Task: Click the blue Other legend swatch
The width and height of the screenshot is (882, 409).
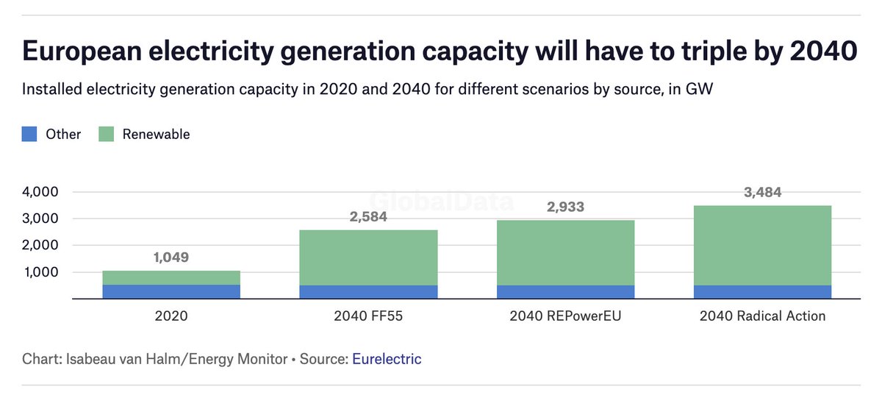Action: pos(29,134)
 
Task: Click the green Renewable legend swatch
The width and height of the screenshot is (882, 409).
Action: pos(106,134)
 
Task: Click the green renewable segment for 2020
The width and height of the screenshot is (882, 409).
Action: pos(171,277)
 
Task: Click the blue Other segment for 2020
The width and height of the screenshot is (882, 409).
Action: pos(171,291)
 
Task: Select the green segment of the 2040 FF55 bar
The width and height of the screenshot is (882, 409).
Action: pos(368,257)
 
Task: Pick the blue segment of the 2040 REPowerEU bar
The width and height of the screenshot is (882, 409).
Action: pos(566,292)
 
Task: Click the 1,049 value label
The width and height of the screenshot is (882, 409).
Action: pos(171,257)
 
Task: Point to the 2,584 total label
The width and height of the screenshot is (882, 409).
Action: pos(368,217)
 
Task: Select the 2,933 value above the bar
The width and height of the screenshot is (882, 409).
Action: pos(566,207)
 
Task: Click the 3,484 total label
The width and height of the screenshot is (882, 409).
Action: pos(762,193)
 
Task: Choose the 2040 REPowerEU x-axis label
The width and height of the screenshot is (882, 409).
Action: pos(566,316)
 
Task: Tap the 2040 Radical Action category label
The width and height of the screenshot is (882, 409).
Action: pos(762,316)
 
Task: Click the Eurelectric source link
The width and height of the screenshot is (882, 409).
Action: pos(387,359)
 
